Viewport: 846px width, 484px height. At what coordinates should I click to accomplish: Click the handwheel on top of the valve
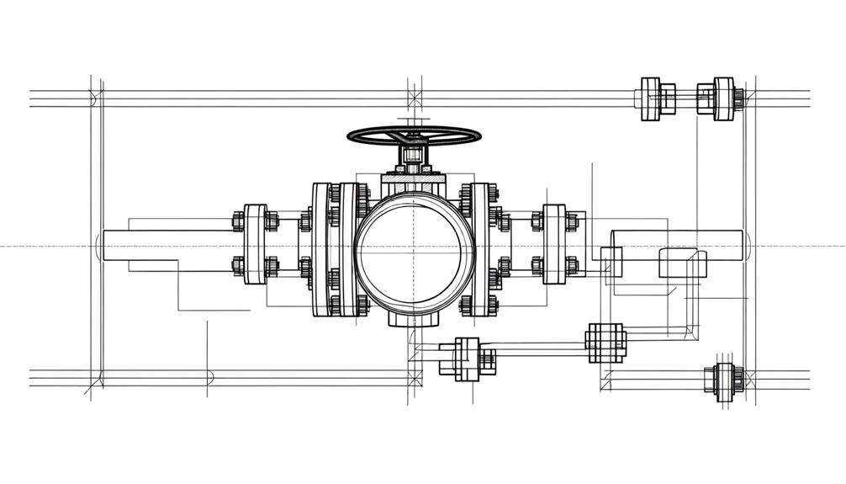(x=414, y=135)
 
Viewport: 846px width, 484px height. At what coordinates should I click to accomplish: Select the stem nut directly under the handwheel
(x=412, y=156)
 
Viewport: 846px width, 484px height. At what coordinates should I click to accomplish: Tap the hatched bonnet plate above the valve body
(x=412, y=181)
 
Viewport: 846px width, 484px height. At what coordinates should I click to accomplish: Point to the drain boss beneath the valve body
(x=414, y=318)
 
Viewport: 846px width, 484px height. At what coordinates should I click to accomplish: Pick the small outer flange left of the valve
(x=255, y=244)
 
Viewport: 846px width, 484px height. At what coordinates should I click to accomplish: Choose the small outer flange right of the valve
(x=554, y=244)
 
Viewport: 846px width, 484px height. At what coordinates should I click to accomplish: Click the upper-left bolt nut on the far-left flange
(x=238, y=222)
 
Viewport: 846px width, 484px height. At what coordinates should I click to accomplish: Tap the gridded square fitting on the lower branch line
(x=605, y=343)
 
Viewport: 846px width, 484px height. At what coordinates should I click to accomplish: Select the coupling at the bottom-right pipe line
(x=724, y=380)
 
